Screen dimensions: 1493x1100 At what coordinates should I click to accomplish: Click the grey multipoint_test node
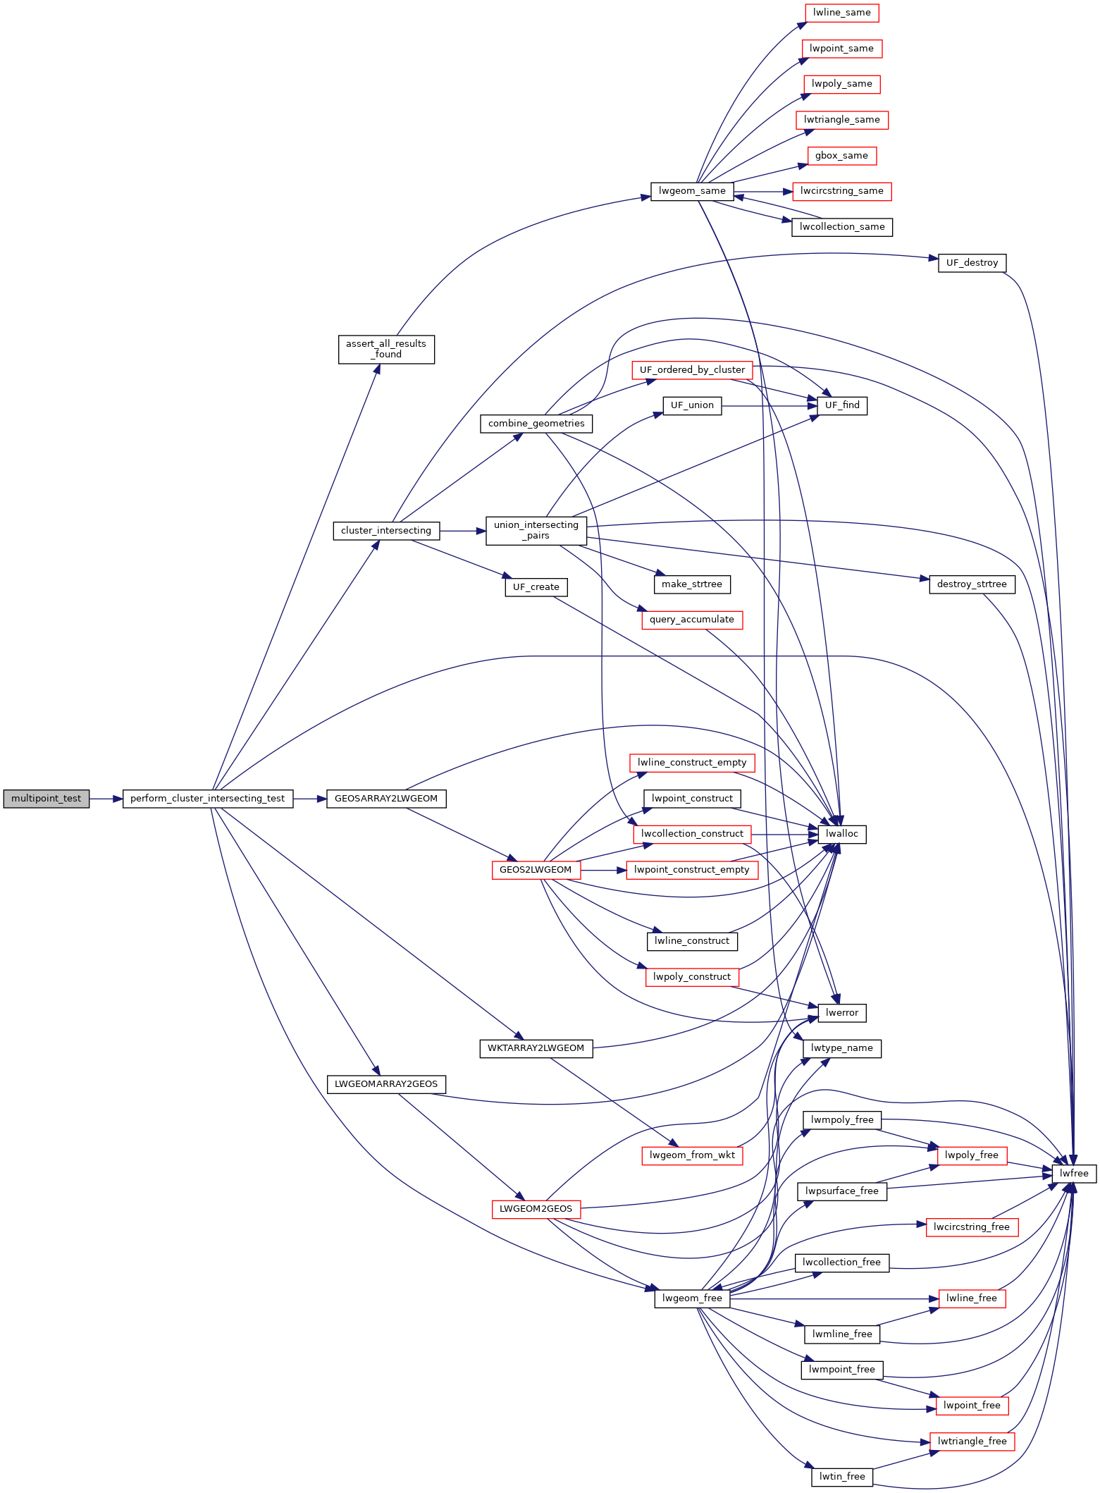click(47, 799)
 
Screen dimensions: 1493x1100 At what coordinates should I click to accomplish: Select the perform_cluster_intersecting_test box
click(208, 799)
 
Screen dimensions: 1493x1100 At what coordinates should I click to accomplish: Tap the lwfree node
click(1074, 1174)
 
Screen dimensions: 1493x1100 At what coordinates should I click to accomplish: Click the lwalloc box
click(842, 834)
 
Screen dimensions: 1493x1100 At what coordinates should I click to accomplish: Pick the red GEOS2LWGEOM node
click(536, 870)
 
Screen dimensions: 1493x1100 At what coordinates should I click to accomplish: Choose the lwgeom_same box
click(691, 191)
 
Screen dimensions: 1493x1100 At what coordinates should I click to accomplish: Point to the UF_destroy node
click(972, 263)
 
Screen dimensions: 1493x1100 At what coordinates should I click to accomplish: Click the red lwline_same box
click(841, 13)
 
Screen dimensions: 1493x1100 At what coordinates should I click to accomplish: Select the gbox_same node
click(841, 156)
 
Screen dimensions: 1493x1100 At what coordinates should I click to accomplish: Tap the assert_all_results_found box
click(386, 349)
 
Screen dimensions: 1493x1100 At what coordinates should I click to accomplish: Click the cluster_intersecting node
click(386, 531)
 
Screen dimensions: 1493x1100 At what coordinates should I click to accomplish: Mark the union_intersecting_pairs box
click(536, 530)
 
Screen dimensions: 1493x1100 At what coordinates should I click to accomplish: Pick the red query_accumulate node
click(691, 620)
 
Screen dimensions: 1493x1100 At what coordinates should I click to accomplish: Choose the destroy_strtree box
click(972, 584)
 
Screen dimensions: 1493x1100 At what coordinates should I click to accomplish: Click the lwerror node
click(841, 1013)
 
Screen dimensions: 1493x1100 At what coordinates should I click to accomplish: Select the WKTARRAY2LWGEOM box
click(536, 1048)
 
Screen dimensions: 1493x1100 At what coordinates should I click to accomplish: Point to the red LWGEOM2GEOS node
click(536, 1209)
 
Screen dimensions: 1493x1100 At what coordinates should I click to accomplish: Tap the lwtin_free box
click(841, 1476)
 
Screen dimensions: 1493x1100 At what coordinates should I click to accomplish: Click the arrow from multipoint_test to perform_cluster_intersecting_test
click(106, 799)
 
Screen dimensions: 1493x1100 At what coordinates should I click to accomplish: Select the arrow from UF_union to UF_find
click(765, 406)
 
